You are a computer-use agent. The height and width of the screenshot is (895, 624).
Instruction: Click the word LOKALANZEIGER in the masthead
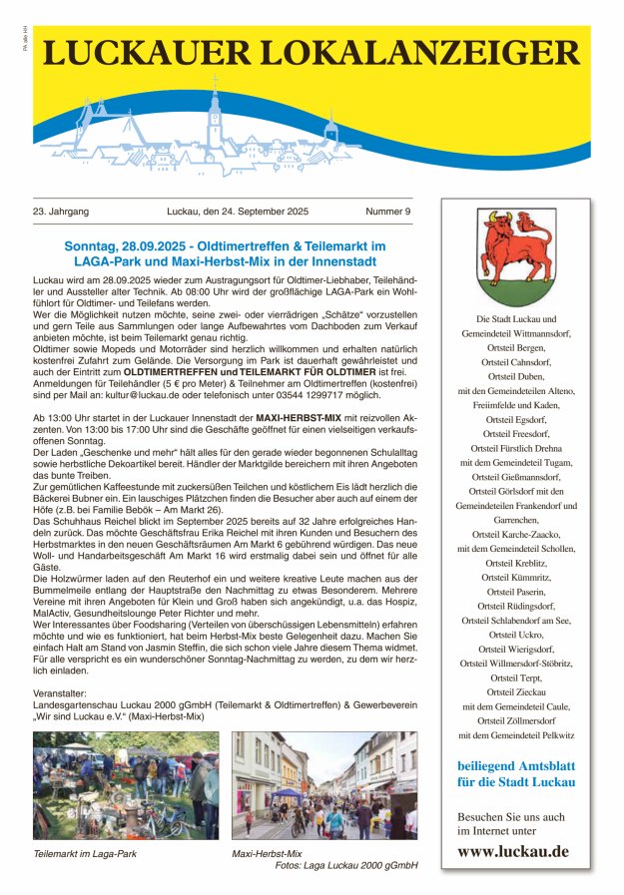417,53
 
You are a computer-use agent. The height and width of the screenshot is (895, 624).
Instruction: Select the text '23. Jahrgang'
61,212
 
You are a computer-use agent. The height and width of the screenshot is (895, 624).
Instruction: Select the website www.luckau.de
513,851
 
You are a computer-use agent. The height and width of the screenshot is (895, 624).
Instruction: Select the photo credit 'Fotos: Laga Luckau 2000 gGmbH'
345,866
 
